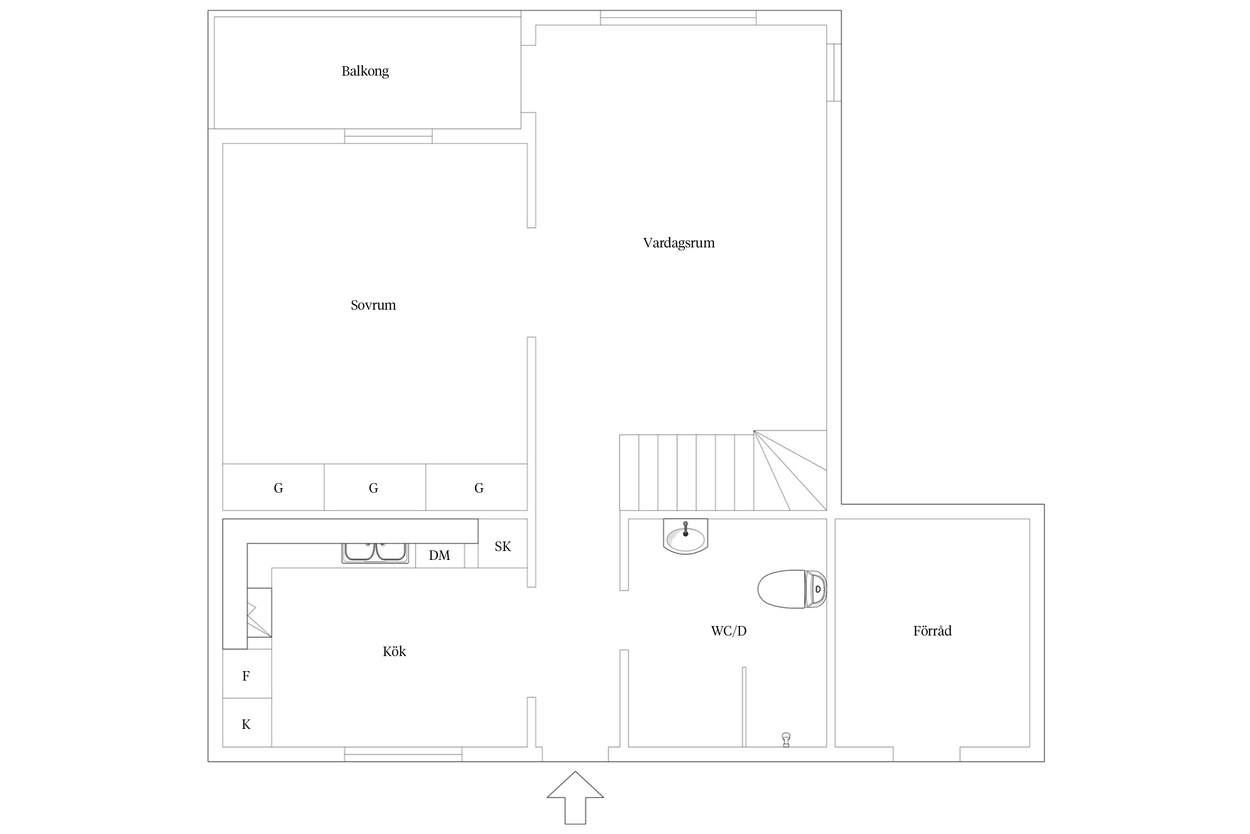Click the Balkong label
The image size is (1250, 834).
point(365,71)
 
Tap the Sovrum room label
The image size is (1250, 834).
point(373,305)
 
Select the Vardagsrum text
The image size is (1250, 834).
point(679,243)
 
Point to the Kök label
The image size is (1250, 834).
point(394,651)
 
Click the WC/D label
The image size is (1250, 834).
point(729,631)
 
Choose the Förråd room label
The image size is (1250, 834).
point(932,631)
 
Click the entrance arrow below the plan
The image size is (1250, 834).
point(575,797)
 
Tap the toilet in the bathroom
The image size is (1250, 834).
point(792,589)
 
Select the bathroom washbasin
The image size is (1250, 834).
point(686,536)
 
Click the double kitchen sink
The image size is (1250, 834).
point(376,552)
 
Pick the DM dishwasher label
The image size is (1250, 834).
point(439,555)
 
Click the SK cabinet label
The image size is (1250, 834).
point(503,547)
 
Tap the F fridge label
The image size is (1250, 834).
point(246,676)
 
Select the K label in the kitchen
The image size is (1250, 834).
point(246,724)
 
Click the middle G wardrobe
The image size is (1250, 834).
point(375,487)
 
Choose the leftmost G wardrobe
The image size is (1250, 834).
point(273,487)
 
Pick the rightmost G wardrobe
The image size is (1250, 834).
point(477,487)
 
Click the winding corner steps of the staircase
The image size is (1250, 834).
point(790,470)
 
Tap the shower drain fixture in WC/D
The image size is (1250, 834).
point(786,739)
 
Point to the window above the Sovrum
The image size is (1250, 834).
point(388,136)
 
